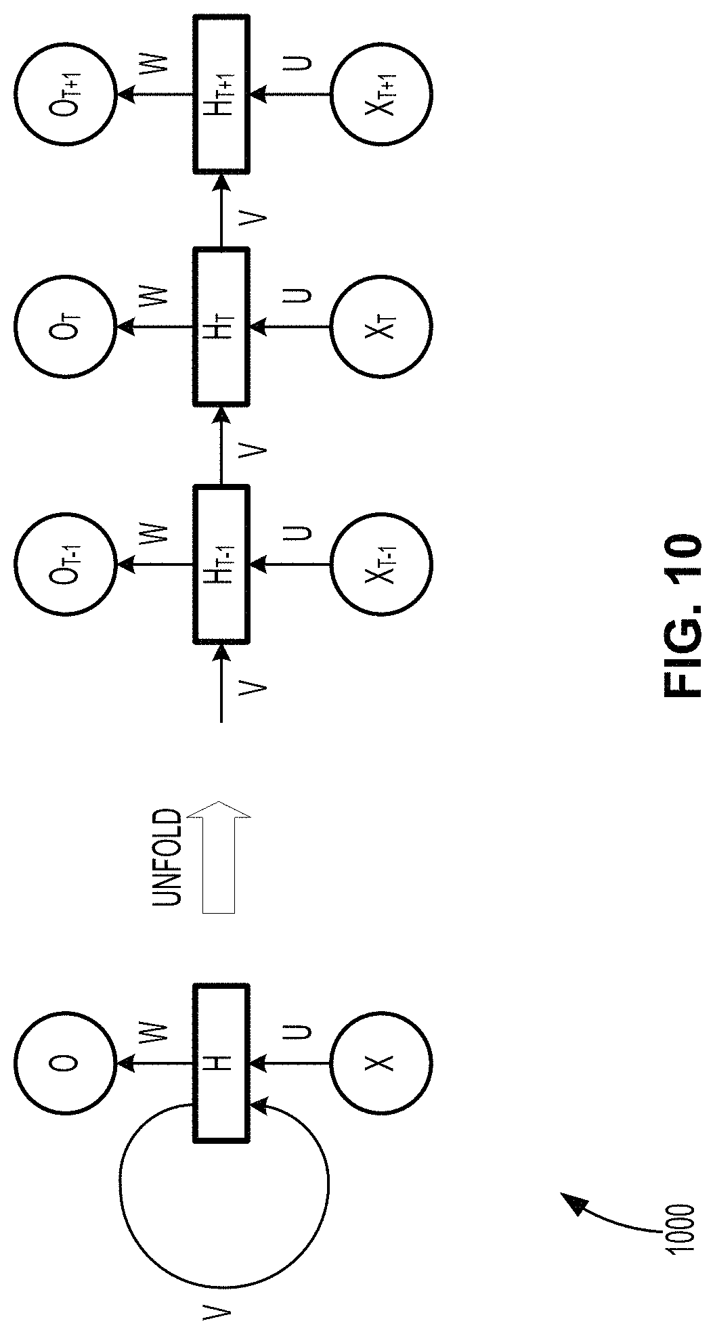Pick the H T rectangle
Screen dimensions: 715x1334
pos(222,328)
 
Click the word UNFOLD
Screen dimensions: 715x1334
pos(165,858)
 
